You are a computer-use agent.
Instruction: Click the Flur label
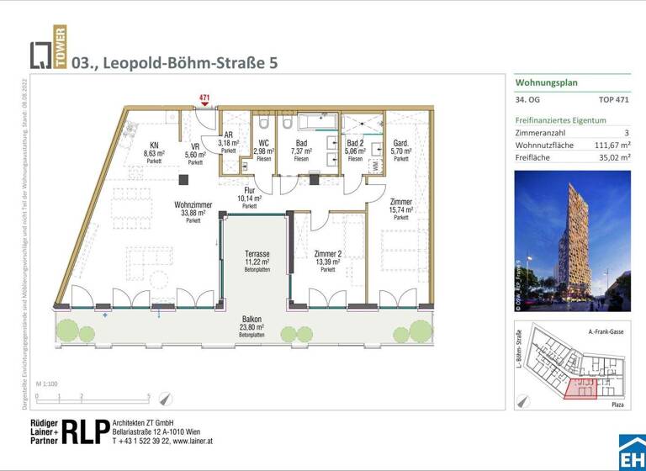point(249,191)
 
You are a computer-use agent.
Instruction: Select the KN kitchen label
point(154,145)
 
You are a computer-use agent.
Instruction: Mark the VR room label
point(194,146)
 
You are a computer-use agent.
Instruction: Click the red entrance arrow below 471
point(204,106)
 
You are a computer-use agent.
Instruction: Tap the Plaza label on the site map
point(618,405)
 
